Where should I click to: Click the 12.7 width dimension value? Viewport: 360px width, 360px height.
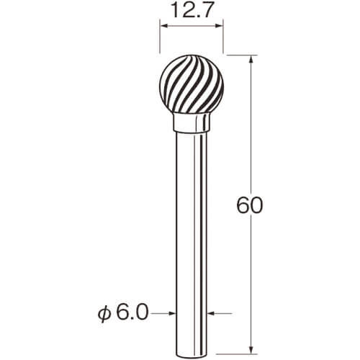click(192, 12)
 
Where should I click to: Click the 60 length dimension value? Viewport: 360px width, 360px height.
click(250, 205)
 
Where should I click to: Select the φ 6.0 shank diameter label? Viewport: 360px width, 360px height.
click(123, 313)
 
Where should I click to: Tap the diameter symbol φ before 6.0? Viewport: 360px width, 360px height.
click(104, 314)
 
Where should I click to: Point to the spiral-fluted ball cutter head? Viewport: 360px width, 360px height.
click(192, 85)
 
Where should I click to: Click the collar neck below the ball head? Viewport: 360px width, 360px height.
click(192, 122)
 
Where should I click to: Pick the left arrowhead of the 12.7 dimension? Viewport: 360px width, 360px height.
click(163, 26)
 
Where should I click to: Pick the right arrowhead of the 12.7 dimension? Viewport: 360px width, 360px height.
click(220, 26)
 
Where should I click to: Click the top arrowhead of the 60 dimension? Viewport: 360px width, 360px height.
click(251, 59)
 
